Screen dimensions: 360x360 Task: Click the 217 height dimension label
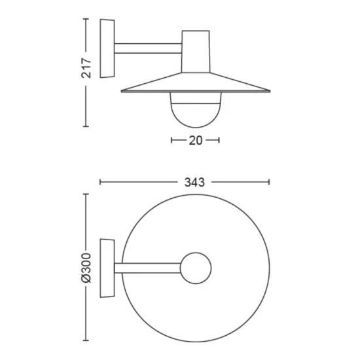point(86,68)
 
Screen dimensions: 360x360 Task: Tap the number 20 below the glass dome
point(196,140)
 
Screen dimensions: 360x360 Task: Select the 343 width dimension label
point(194,183)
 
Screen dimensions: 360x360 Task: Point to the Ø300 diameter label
point(86,268)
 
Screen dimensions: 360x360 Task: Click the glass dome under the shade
point(196,110)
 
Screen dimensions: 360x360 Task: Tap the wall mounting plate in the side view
point(107,48)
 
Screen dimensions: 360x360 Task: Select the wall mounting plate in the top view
point(107,268)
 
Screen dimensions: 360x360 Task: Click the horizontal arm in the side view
point(148,48)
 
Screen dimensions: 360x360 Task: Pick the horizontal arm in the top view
point(148,268)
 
